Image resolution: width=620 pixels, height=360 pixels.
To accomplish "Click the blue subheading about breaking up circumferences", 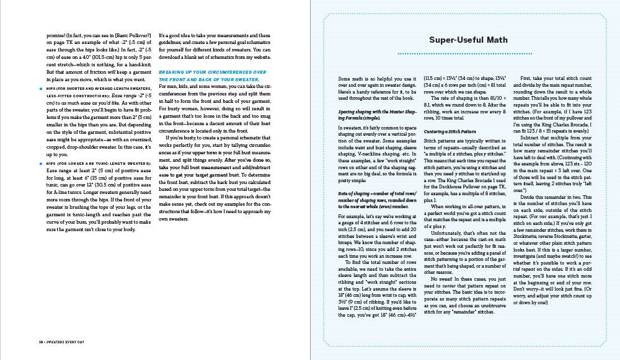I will click(x=212, y=75).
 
